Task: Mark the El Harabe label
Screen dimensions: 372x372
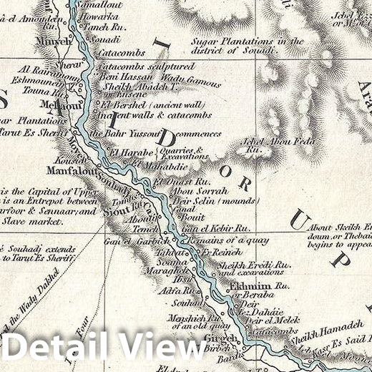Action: [x=131, y=153]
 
